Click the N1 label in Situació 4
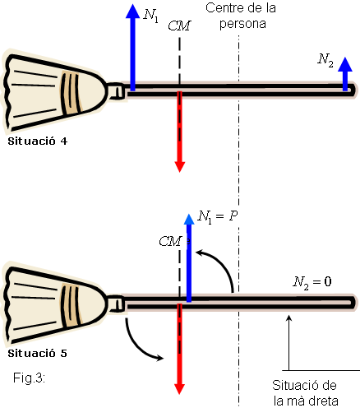pyautogui.click(x=151, y=16)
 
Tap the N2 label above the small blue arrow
pyautogui.click(x=325, y=60)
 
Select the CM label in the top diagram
pyautogui.click(x=179, y=25)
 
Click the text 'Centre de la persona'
pyautogui.click(x=241, y=16)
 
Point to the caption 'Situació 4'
pyautogui.click(x=38, y=141)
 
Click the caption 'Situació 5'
pyautogui.click(x=37, y=353)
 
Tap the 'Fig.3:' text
pyautogui.click(x=29, y=378)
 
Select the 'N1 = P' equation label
pyautogui.click(x=218, y=217)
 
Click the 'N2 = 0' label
pyautogui.click(x=312, y=282)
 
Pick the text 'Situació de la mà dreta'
pyautogui.click(x=305, y=393)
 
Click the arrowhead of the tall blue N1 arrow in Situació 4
pyautogui.click(x=132, y=11)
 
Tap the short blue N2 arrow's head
pyautogui.click(x=345, y=64)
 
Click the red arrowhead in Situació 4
pyautogui.click(x=180, y=167)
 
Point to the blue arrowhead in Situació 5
pyautogui.click(x=189, y=219)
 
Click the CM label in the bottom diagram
pyautogui.click(x=170, y=241)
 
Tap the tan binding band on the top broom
pyautogui.click(x=72, y=93)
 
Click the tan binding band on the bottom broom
pyautogui.click(x=72, y=305)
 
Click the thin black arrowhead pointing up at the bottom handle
pyautogui.click(x=288, y=318)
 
